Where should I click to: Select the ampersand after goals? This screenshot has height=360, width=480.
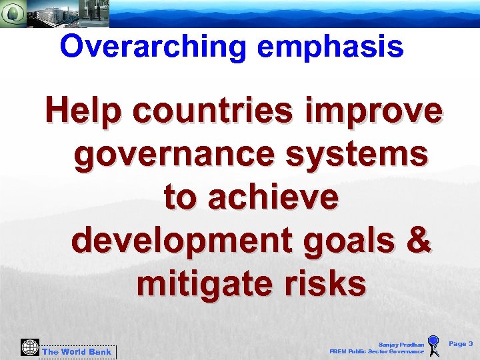pyautogui.click(x=418, y=241)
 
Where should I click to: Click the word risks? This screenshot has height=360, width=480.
pyautogui.click(x=327, y=284)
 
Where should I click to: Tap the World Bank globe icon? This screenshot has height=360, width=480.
pyautogui.click(x=30, y=347)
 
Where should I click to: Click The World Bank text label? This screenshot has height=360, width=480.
pyautogui.click(x=77, y=352)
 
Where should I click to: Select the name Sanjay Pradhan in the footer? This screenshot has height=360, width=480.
pyautogui.click(x=401, y=344)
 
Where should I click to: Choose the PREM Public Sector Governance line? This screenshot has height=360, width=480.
pyautogui.click(x=377, y=351)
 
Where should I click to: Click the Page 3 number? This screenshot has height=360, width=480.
pyautogui.click(x=461, y=344)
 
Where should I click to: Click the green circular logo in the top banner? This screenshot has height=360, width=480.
pyautogui.click(x=13, y=13)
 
